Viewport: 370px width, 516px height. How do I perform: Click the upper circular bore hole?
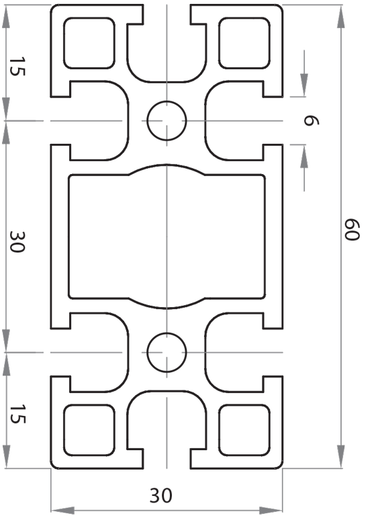[167, 121]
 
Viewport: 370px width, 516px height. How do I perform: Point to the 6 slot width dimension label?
[310, 122]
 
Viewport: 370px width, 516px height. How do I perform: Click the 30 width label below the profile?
[160, 496]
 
